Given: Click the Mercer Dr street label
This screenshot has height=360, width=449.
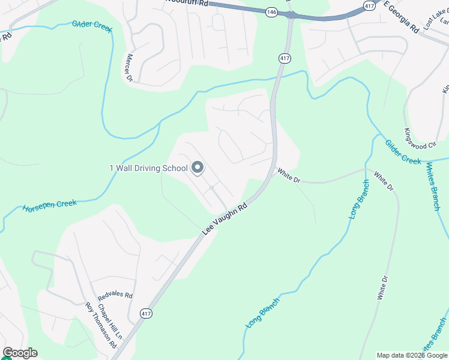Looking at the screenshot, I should (x=128, y=67).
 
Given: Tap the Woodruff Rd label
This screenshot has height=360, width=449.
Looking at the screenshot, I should (x=189, y=3).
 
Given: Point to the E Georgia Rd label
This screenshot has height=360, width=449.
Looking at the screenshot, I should (x=401, y=16).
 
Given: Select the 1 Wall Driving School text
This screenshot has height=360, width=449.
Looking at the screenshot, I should (x=148, y=168).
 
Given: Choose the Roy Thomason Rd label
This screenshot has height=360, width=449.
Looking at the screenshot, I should (x=100, y=326).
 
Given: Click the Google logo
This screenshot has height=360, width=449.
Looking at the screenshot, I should (x=20, y=353).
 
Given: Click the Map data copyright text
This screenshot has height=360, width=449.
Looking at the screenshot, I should (x=412, y=355).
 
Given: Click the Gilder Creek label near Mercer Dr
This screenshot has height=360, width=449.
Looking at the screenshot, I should (x=92, y=27).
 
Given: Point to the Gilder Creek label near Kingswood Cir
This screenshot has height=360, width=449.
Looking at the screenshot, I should (x=403, y=152).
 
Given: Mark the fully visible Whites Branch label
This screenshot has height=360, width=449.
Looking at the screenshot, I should (x=433, y=186).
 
